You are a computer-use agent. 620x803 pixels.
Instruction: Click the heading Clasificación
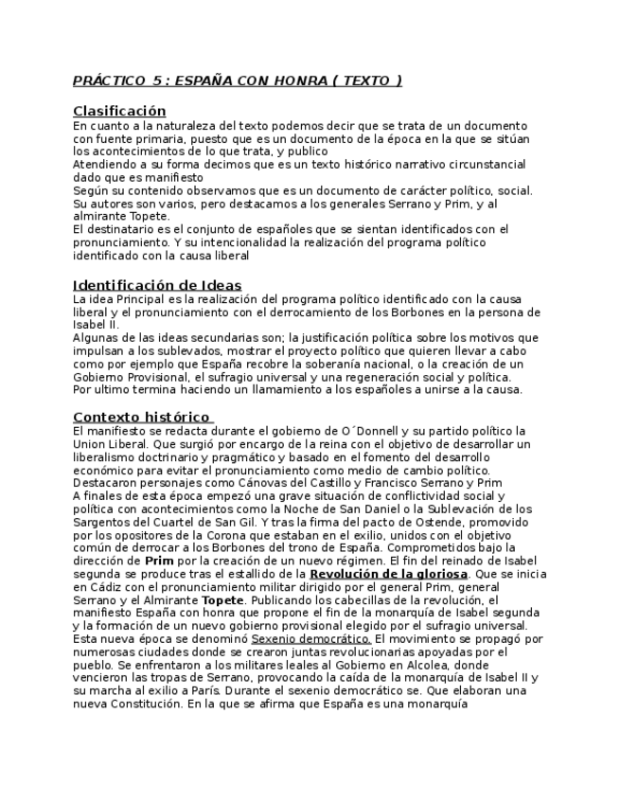click(x=119, y=111)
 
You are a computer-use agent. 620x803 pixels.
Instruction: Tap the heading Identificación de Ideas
click(x=157, y=285)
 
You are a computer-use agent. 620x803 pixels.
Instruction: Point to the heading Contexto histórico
click(x=141, y=416)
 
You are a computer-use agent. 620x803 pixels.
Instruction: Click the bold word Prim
click(x=158, y=561)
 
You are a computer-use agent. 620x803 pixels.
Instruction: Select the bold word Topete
click(x=222, y=599)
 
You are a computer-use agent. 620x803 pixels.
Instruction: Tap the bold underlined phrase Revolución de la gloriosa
click(x=388, y=574)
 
